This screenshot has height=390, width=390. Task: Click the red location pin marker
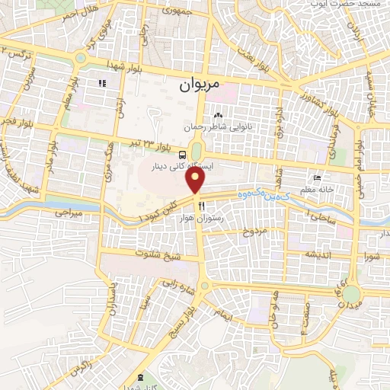197,181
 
